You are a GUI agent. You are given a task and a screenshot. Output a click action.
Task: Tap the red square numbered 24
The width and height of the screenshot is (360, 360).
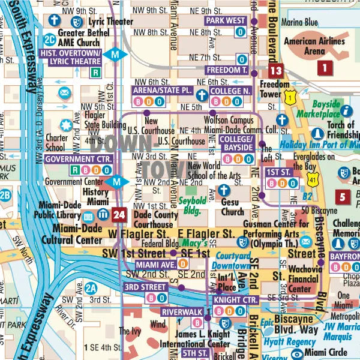119,214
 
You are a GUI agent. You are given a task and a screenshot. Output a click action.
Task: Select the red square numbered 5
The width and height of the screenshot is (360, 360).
343,196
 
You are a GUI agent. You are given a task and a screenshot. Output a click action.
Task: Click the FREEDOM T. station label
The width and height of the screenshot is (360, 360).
227,70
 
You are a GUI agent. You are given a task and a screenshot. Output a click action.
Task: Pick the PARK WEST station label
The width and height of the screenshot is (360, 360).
226,20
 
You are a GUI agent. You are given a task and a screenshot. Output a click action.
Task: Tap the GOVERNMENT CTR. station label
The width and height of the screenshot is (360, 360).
79,159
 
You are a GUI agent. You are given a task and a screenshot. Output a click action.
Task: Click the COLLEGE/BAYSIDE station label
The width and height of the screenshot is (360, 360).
236,142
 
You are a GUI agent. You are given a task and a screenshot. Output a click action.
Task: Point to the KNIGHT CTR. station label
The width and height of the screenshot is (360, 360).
235,299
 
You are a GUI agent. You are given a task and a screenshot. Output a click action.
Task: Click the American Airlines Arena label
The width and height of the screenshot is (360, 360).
314,46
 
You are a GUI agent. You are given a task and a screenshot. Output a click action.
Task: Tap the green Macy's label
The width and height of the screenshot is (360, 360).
196,243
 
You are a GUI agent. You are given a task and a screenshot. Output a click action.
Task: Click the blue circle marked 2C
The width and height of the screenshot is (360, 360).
50,40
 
